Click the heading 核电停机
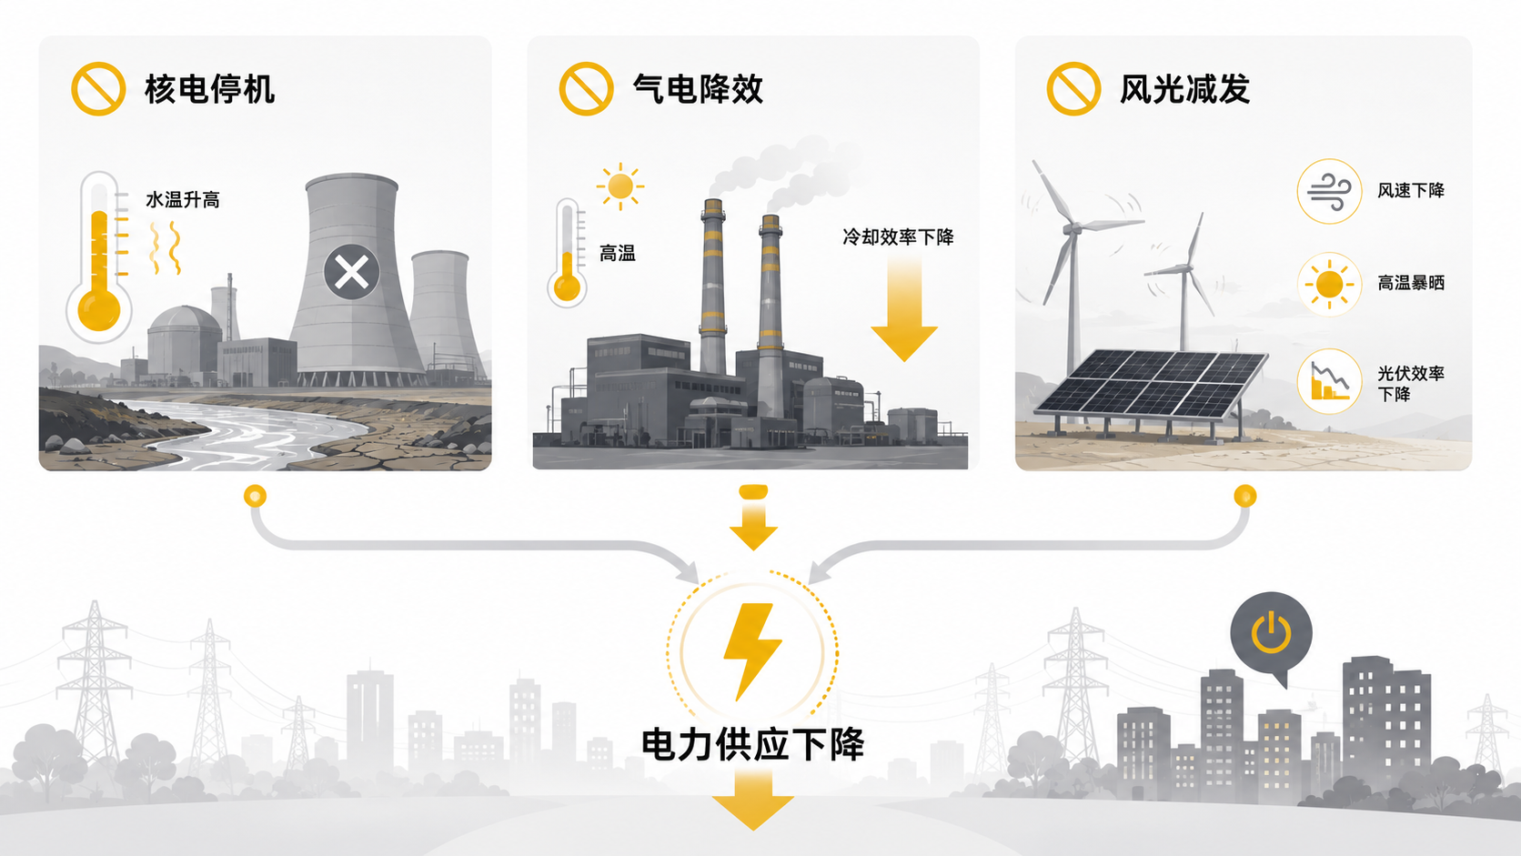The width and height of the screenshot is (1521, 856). click(210, 90)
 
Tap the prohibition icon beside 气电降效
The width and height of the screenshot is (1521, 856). click(586, 89)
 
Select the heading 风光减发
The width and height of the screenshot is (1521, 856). click(1185, 90)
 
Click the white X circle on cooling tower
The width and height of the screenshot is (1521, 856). click(352, 272)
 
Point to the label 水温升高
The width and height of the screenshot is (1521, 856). click(183, 200)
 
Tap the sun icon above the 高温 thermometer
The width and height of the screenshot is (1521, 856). click(619, 186)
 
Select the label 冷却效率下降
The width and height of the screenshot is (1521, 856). click(899, 237)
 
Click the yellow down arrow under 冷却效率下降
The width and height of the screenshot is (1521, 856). click(904, 309)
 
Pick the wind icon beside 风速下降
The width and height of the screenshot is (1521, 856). click(1330, 191)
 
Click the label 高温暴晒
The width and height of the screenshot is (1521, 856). click(1411, 283)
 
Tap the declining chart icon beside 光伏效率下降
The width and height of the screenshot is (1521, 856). click(1330, 381)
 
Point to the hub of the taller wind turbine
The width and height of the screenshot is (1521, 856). click(1073, 228)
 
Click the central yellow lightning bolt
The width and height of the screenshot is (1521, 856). click(752, 651)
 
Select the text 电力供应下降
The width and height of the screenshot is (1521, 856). click(752, 745)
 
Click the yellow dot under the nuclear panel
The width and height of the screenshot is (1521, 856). click(256, 496)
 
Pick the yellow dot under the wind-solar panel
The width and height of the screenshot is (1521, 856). click(1244, 496)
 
